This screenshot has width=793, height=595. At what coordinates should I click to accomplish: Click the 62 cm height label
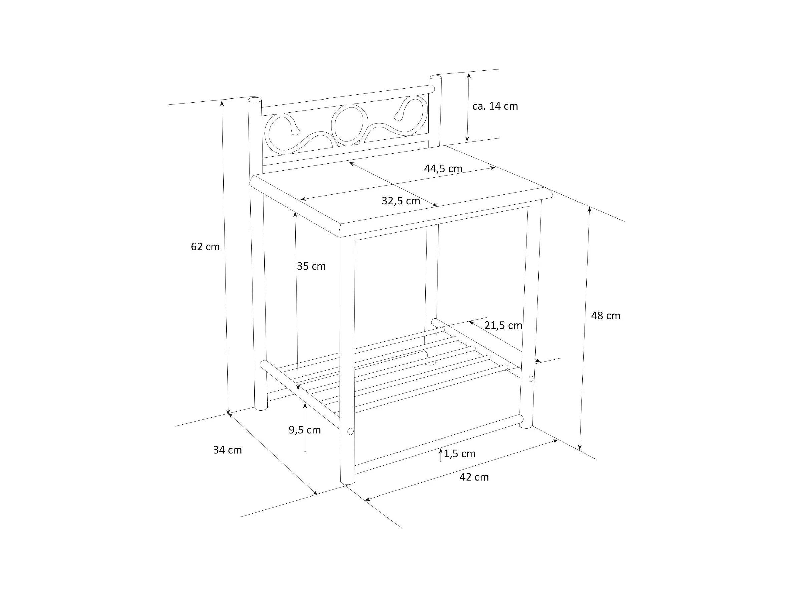click(x=205, y=247)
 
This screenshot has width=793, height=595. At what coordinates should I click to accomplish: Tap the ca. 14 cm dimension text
click(x=495, y=106)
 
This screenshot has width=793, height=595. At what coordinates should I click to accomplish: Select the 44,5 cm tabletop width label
click(x=443, y=169)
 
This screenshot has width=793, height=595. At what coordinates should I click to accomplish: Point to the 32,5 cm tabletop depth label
click(x=401, y=201)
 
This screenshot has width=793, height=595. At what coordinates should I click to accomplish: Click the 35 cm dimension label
click(x=311, y=266)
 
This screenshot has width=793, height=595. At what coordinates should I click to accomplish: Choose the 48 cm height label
click(x=605, y=316)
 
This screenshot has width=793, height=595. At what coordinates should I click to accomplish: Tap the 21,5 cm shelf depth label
click(x=503, y=325)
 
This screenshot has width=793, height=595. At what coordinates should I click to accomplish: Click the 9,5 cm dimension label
click(x=305, y=430)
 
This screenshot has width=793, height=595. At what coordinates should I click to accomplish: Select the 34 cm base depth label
click(x=227, y=450)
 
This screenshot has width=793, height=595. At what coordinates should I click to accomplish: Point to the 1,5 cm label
click(x=460, y=454)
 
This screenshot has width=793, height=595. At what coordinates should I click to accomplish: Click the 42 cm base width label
click(x=474, y=477)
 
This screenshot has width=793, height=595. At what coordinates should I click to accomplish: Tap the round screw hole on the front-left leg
click(x=350, y=431)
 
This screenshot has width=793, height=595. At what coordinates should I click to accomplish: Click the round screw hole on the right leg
click(x=531, y=379)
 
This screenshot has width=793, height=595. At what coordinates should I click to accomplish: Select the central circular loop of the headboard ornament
click(x=349, y=124)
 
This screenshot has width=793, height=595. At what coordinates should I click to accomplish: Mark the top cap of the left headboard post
click(x=254, y=100)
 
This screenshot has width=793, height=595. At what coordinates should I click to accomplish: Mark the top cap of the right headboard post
click(x=435, y=77)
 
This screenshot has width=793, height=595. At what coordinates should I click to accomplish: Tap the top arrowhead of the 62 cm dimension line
click(x=222, y=104)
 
